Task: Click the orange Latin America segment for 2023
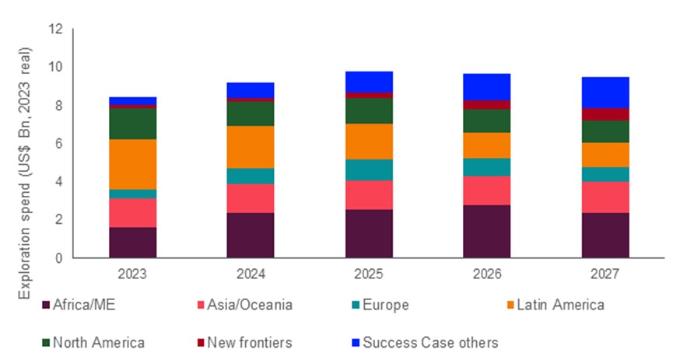click(x=132, y=163)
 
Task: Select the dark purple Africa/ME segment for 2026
click(x=486, y=231)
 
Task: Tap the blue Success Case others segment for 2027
click(x=605, y=92)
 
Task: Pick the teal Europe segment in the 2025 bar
click(x=369, y=170)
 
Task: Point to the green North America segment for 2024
click(x=251, y=114)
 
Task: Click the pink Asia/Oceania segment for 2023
click(x=132, y=212)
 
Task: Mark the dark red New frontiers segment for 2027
click(x=605, y=114)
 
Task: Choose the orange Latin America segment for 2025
click(x=369, y=141)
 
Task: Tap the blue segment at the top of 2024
click(x=251, y=89)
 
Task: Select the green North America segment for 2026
click(x=486, y=121)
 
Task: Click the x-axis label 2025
click(x=369, y=274)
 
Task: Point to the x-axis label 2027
click(x=605, y=274)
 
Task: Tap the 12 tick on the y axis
click(x=55, y=29)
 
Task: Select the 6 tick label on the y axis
click(x=58, y=143)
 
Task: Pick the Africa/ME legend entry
click(x=81, y=305)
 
